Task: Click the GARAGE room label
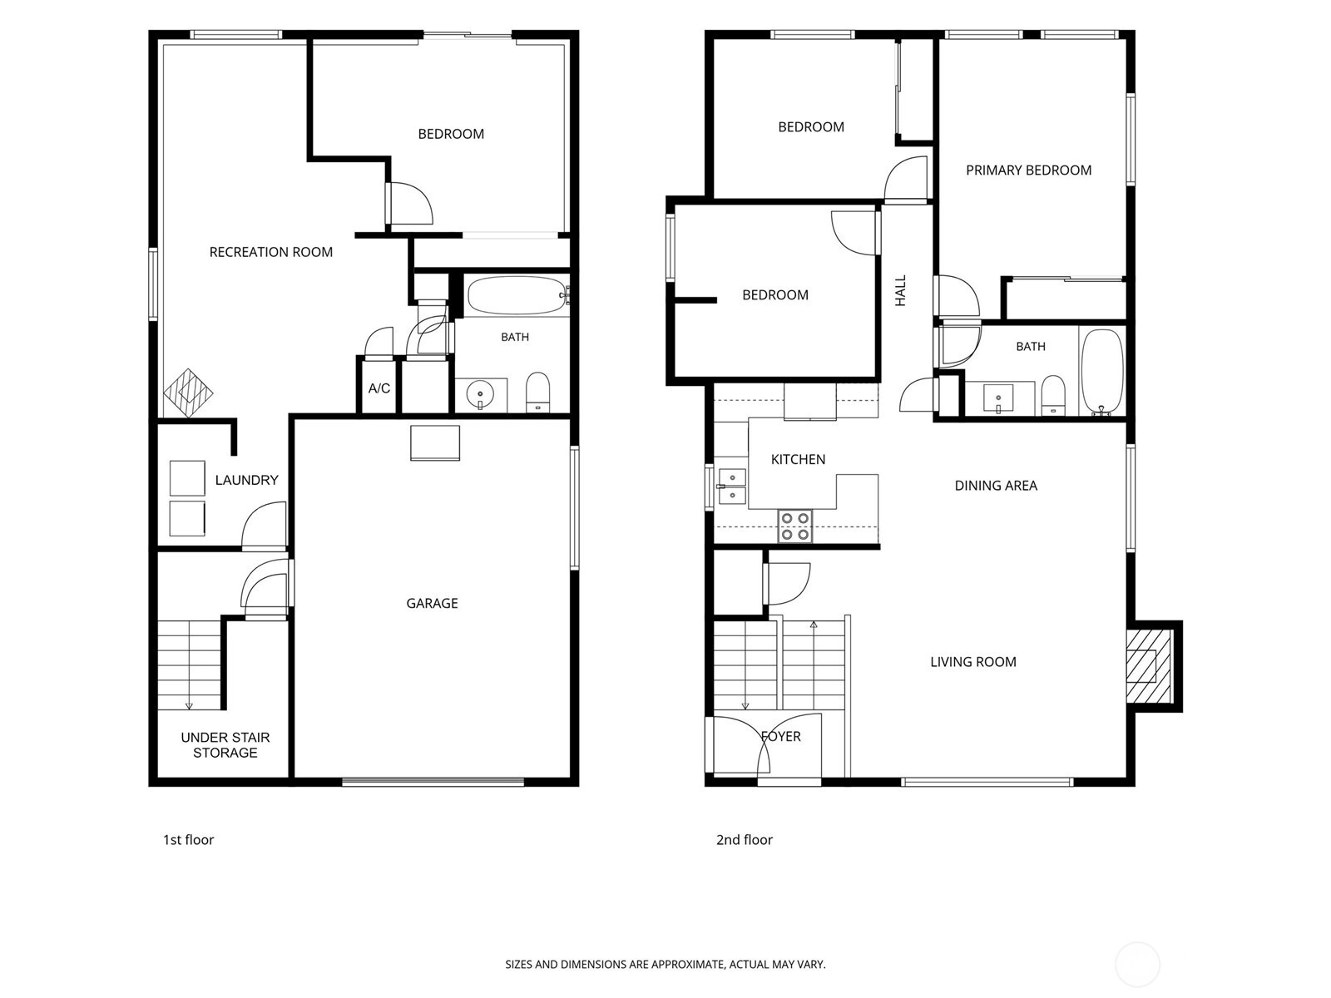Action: point(432,603)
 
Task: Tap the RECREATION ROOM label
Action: point(270,252)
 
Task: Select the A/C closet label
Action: point(379,388)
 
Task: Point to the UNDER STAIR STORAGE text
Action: point(225,744)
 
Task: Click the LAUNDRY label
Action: point(246,480)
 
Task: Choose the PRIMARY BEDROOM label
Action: point(1028,170)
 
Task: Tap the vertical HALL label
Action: point(900,290)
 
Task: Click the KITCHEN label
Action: point(798,459)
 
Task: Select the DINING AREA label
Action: point(996,486)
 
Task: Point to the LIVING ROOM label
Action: point(973,662)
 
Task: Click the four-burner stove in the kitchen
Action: point(795,526)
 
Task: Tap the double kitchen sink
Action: point(733,487)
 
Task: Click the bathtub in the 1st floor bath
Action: point(516,295)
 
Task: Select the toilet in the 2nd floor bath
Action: point(1052,395)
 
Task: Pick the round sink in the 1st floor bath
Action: point(480,394)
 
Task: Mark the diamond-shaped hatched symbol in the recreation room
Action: point(188,393)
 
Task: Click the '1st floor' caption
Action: point(189,839)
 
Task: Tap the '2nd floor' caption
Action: point(744,839)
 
